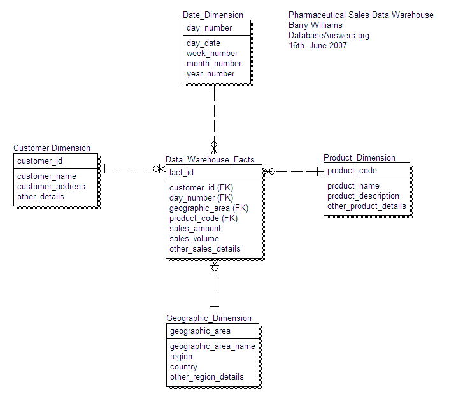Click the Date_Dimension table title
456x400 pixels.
(213, 15)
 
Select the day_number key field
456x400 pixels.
(209, 28)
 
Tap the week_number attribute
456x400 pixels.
(212, 54)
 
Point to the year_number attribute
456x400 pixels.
(210, 74)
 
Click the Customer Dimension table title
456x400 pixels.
(52, 148)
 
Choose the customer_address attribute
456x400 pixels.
(51, 187)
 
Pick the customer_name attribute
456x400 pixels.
(46, 176)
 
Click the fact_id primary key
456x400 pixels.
(182, 173)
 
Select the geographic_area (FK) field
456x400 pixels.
(209, 208)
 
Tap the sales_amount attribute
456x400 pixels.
(195, 229)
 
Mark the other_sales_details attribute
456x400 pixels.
(205, 249)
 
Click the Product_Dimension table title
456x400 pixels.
(359, 158)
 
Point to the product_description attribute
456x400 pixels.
(363, 196)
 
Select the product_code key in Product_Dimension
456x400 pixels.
(352, 171)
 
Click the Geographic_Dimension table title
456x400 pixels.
(209, 318)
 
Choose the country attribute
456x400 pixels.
(183, 367)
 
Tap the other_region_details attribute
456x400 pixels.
(206, 377)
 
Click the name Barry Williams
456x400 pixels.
(315, 25)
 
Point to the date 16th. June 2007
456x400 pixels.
(318, 46)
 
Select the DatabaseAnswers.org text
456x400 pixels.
(329, 36)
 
